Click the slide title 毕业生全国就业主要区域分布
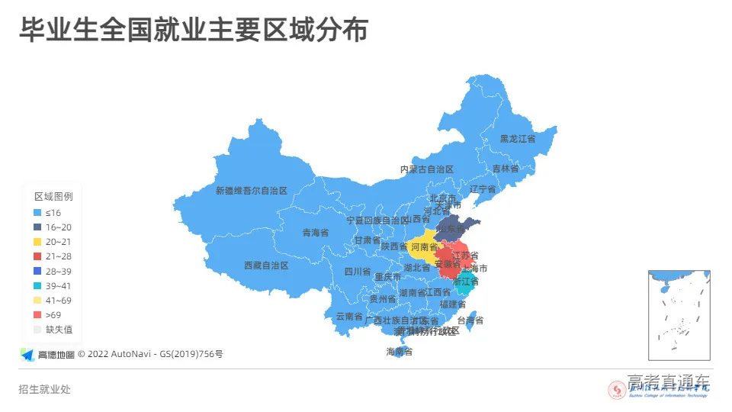194,31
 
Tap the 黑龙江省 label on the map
517,139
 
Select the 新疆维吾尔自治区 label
251,191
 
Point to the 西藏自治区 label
266,266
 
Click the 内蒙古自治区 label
427,169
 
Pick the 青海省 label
315,233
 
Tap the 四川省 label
357,271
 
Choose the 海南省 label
399,352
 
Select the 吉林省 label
505,169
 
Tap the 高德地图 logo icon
27,354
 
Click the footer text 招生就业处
44,389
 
